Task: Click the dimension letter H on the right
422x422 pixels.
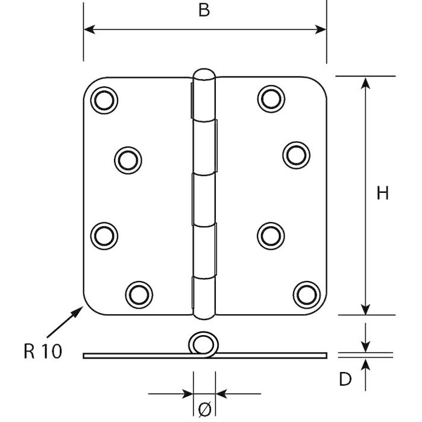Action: click(x=382, y=194)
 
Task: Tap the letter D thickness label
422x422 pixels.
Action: click(x=344, y=379)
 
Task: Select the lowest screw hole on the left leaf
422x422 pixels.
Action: click(x=138, y=293)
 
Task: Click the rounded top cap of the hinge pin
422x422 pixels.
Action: click(x=204, y=77)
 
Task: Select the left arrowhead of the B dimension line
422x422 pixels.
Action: click(x=88, y=28)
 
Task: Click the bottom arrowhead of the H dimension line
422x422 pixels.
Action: click(x=365, y=309)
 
